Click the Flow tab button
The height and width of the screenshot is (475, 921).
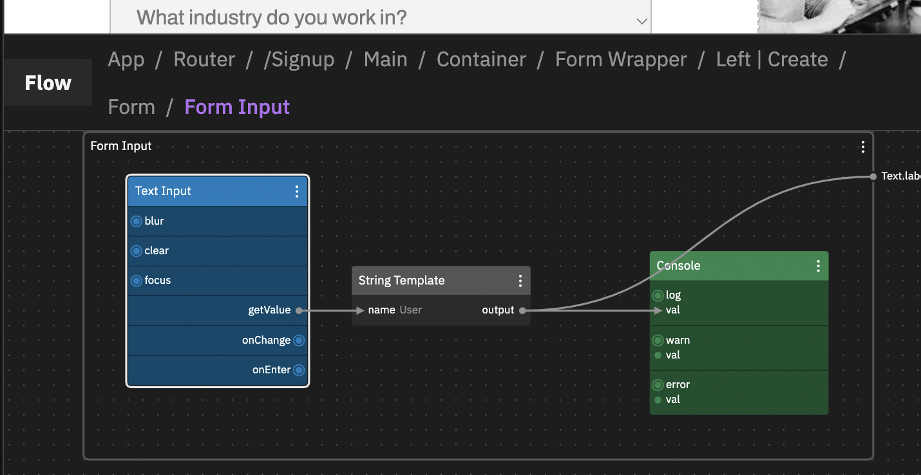point(48,83)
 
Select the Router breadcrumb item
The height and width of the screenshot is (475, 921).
point(204,59)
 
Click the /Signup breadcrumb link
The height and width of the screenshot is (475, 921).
point(299,59)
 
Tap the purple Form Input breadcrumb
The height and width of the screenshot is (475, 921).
point(237,107)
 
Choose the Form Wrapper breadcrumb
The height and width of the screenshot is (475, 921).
point(621,59)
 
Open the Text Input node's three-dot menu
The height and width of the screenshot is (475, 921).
point(297,191)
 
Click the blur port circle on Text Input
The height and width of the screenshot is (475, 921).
point(137,221)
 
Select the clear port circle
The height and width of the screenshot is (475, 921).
point(137,251)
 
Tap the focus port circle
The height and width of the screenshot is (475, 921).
point(137,281)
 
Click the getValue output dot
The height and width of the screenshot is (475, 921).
point(299,310)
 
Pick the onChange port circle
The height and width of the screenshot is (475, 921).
point(299,340)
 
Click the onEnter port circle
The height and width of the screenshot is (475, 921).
point(299,370)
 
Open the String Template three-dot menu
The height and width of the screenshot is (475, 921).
point(520,281)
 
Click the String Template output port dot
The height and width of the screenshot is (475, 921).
point(522,310)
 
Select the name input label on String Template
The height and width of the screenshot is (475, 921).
point(381,310)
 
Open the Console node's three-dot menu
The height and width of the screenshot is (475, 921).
point(818,266)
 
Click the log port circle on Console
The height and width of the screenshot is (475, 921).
point(658,296)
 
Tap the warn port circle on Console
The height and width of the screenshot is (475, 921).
point(658,340)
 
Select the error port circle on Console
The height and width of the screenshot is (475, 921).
point(658,385)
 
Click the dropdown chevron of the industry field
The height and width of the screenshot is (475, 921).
point(641,21)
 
